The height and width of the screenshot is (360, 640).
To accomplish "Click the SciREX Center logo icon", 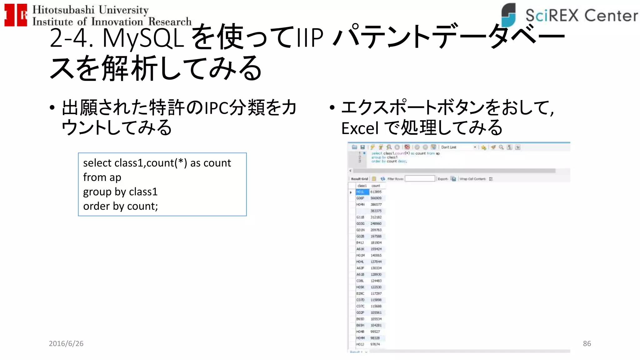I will tap(508, 15).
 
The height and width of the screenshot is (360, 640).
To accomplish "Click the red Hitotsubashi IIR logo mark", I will tap(16, 15).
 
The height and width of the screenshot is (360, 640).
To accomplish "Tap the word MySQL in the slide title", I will tap(143, 38).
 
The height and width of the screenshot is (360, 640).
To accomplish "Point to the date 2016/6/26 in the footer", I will tap(66, 343).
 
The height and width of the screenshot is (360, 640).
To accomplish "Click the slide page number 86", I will tap(587, 343).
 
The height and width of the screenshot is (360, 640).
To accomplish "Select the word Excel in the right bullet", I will tap(360, 128).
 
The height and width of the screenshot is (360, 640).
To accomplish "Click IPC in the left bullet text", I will tap(216, 108).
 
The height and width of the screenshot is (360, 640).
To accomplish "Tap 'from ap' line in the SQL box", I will tap(102, 177).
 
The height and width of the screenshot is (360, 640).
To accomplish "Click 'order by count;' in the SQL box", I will tap(120, 206).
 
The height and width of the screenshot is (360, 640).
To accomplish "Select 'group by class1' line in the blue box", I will tap(120, 192).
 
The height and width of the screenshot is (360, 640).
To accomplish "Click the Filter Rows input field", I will tap(420, 179).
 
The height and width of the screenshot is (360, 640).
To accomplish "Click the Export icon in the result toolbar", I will tap(453, 179).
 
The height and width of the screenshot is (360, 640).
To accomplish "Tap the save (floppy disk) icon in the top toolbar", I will tap(362, 147).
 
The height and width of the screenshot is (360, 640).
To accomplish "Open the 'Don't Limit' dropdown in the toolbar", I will tap(475, 147).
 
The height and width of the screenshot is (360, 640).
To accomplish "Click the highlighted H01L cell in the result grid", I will tap(362, 192).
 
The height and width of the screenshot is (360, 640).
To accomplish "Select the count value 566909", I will tap(376, 198).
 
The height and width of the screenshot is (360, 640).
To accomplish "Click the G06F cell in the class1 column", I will tap(360, 198).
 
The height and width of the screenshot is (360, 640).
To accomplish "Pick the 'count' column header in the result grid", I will tap(376, 186).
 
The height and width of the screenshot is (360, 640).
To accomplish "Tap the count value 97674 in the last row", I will tap(375, 344).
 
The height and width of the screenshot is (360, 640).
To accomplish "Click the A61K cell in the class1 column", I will tap(360, 249).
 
